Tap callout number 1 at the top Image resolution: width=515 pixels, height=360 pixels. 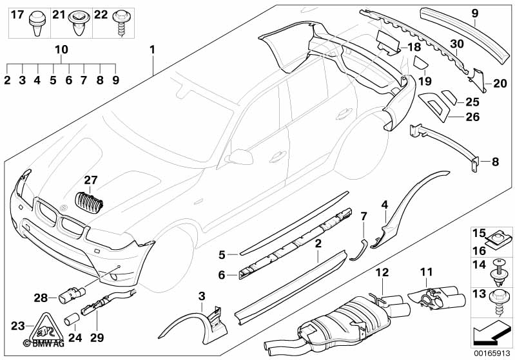click(x=152, y=50)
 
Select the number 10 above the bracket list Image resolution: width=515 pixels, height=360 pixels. click(x=61, y=50)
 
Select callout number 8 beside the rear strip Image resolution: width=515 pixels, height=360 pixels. click(x=495, y=162)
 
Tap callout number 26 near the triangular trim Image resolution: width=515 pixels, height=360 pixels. click(x=474, y=117)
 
